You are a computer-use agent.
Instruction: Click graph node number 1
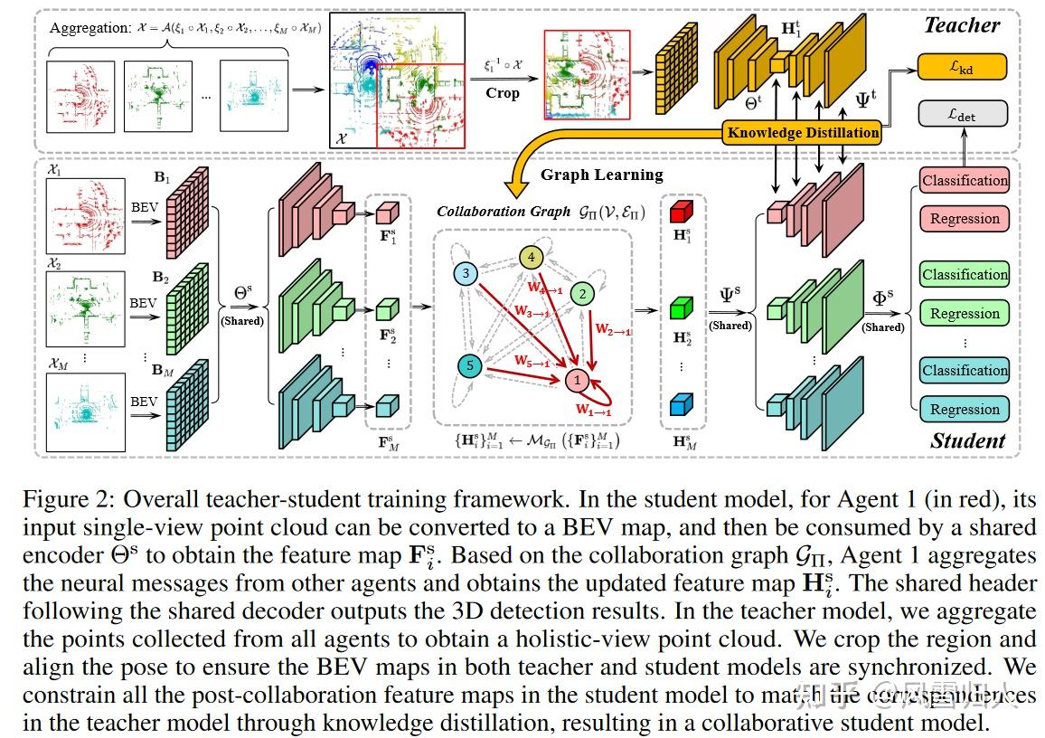tap(577, 381)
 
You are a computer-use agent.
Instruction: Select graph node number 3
tap(465, 273)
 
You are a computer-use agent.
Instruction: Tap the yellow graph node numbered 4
tap(532, 258)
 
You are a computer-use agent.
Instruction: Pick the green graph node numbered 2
tap(584, 293)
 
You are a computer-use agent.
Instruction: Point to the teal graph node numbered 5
tap(468, 365)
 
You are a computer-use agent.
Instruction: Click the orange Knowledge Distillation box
tap(803, 132)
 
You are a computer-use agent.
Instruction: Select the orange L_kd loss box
tap(962, 66)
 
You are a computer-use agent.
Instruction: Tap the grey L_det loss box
tap(962, 114)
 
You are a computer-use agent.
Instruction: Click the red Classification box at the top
tap(965, 180)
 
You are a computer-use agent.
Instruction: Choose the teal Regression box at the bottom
tap(965, 409)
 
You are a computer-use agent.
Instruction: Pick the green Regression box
tap(965, 313)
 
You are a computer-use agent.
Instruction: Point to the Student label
tap(967, 440)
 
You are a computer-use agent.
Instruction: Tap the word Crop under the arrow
tap(503, 93)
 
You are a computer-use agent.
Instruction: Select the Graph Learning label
tap(601, 175)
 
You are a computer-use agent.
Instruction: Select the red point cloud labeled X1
tap(85, 217)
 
